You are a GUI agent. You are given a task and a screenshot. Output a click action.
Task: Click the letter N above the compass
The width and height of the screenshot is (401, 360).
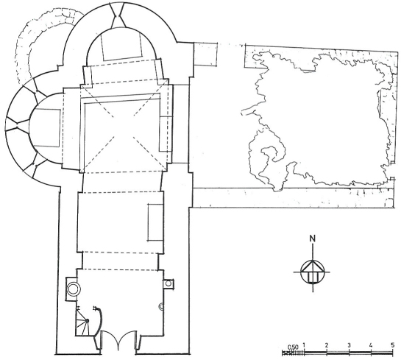pyautogui.click(x=312, y=239)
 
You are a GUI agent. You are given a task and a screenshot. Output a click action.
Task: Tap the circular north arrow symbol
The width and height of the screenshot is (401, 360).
pyautogui.click(x=312, y=272)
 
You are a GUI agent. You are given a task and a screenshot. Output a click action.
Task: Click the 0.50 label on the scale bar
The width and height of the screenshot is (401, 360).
pyautogui.click(x=293, y=347)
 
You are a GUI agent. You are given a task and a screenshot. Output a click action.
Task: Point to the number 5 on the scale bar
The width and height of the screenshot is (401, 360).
pyautogui.click(x=393, y=345)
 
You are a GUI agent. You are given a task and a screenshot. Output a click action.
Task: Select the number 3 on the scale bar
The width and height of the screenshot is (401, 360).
pyautogui.click(x=349, y=345)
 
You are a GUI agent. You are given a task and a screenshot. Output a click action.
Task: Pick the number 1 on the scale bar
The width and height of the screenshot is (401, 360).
pyautogui.click(x=304, y=345)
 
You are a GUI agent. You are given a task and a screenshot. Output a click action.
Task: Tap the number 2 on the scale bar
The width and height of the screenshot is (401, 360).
pyautogui.click(x=327, y=345)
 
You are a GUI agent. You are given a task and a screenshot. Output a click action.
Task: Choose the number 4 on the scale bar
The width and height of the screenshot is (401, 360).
pyautogui.click(x=371, y=345)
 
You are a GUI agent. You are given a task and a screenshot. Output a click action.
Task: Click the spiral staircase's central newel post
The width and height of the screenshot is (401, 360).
pyautogui.click(x=87, y=320)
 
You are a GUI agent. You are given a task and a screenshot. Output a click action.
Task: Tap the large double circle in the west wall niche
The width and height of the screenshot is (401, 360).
pyautogui.click(x=74, y=289)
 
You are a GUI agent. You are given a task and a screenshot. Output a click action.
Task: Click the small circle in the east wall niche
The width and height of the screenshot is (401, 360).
pyautogui.click(x=168, y=283)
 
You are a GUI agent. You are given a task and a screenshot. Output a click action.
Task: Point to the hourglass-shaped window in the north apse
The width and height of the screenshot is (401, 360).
pyautogui.click(x=118, y=15)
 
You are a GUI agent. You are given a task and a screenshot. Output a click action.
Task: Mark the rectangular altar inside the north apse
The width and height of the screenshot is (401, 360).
pyautogui.click(x=121, y=46)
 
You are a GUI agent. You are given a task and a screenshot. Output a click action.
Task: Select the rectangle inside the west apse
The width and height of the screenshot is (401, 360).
pyautogui.click(x=47, y=127)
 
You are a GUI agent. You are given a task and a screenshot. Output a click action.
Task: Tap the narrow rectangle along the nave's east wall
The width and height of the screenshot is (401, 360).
pyautogui.click(x=155, y=222)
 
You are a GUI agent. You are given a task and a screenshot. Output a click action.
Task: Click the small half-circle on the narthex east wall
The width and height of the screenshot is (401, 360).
pyautogui.click(x=162, y=307)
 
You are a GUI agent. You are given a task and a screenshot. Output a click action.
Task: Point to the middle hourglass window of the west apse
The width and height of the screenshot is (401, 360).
pyautogui.click(x=18, y=125)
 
